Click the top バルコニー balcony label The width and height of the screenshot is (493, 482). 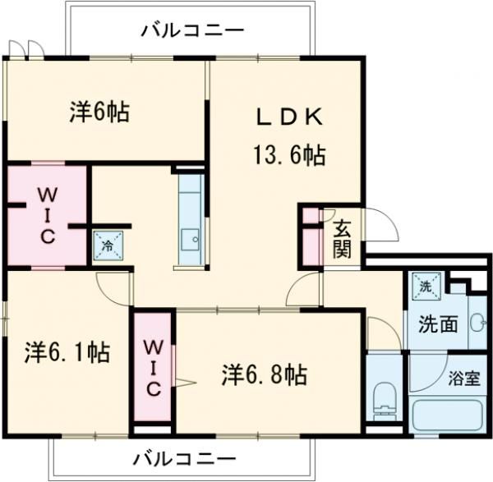click(x=191, y=30)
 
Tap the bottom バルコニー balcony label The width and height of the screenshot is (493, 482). click(x=184, y=457)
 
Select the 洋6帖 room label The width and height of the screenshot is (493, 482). click(x=99, y=112)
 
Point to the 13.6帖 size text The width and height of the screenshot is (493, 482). click(x=287, y=155)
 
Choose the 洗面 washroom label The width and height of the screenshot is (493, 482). click(x=438, y=324)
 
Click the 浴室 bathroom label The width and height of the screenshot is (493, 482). click(x=464, y=379)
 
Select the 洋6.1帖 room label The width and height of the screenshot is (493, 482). click(x=67, y=352)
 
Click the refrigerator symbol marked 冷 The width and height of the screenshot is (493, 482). click(x=107, y=244)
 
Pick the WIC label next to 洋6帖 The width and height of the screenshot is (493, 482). click(x=45, y=215)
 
